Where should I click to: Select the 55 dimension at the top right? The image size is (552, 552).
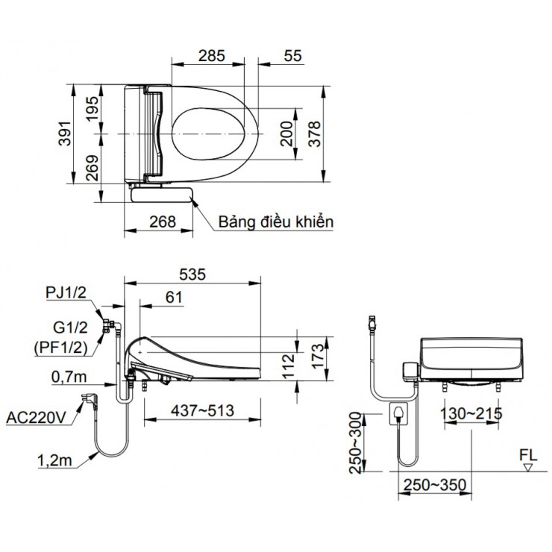(x=293, y=55)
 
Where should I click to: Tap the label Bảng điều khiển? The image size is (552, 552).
(x=276, y=222)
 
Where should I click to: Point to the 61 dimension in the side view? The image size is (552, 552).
(x=173, y=297)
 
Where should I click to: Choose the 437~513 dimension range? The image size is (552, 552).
(x=201, y=411)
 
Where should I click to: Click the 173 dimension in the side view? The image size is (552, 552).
(x=316, y=352)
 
